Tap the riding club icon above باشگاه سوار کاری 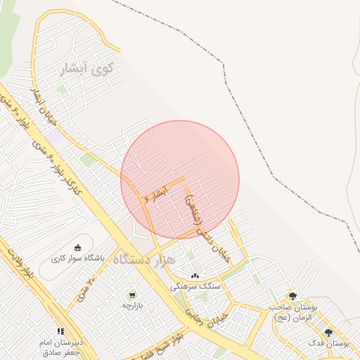pyautogui.click(x=78, y=247)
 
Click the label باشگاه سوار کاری pyautogui.click(x=78, y=258)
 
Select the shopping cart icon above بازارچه pyautogui.click(x=132, y=295)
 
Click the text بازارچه pyautogui.click(x=132, y=305)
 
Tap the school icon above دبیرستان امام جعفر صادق pyautogui.click(x=61, y=331)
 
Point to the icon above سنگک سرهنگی pyautogui.click(x=195, y=276)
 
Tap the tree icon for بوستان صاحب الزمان pyautogui.click(x=292, y=296)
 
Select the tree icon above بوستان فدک pyautogui.click(x=328, y=333)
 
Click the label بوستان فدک pyautogui.click(x=328, y=343)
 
